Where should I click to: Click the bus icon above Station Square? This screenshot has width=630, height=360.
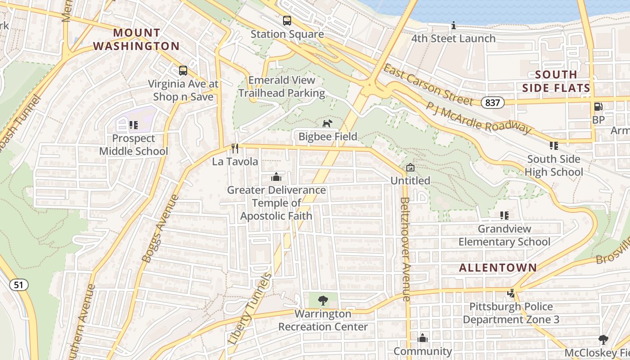[287, 21]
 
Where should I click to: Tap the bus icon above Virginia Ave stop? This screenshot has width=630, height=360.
[183, 71]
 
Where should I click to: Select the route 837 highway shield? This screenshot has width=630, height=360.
[492, 103]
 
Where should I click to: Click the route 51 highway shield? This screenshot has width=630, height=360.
[18, 285]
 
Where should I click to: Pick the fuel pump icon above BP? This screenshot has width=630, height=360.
[598, 107]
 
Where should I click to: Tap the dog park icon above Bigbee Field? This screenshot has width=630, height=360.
[328, 123]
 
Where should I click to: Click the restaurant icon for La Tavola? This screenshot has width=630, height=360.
[234, 148]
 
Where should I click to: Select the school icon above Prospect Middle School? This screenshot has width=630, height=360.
[133, 125]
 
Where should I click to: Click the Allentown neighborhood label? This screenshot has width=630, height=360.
[498, 268]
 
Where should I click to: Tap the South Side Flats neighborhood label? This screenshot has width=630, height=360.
[556, 81]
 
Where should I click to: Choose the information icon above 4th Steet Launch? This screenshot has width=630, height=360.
[454, 26]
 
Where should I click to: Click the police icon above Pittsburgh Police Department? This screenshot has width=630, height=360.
[511, 293]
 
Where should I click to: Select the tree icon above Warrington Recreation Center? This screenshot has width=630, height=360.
[323, 301]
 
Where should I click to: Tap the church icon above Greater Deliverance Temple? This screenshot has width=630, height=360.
[276, 177]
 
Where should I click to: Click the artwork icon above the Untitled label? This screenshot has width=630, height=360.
[410, 168]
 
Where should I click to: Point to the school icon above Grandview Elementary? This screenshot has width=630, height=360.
[504, 216]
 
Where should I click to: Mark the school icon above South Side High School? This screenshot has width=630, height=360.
[553, 146]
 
